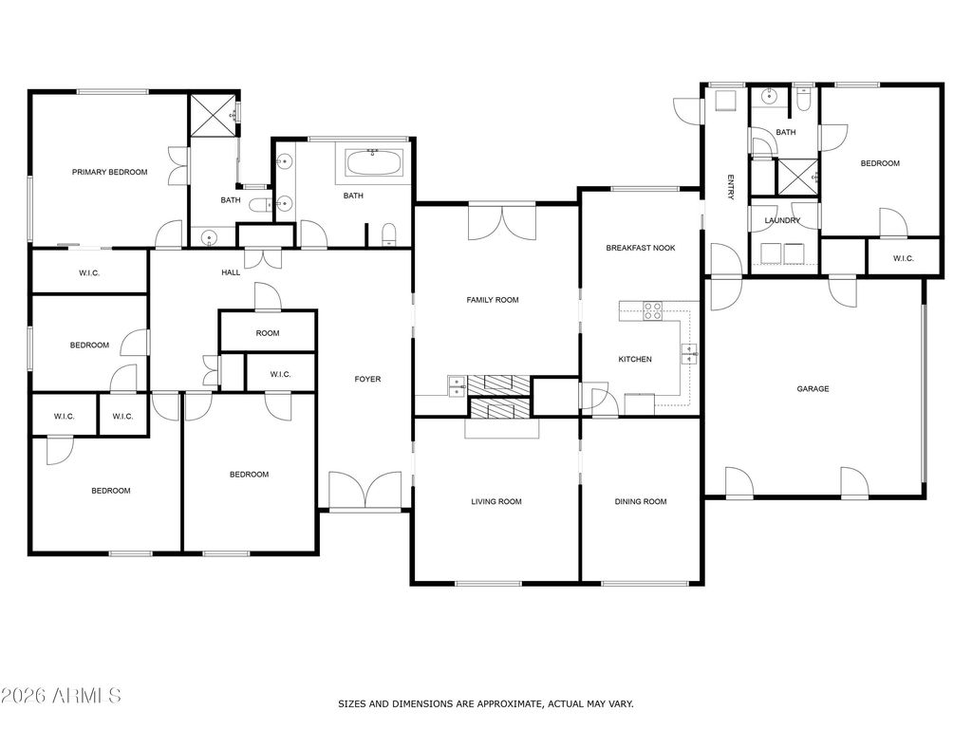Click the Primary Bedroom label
tap(110, 173)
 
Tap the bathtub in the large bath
tap(373, 163)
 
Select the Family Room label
tap(493, 300)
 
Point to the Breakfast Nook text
tap(641, 248)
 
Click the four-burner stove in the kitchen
tap(652, 310)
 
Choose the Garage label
tap(813, 389)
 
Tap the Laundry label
tap(782, 220)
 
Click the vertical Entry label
tap(730, 188)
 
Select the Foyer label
tap(367, 380)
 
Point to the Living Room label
tap(496, 502)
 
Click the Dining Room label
tap(641, 502)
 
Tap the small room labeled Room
tap(268, 333)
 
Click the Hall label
tap(231, 272)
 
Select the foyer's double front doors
tap(365, 491)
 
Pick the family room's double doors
tap(502, 221)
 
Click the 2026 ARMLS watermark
tap(61, 696)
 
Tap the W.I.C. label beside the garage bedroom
tap(904, 258)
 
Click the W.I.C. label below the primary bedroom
tap(89, 273)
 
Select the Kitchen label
tap(635, 360)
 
